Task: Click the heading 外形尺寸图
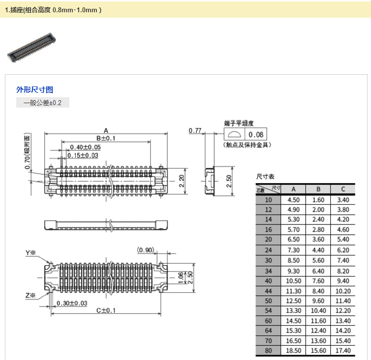(34, 89)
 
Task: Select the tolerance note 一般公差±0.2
(43, 103)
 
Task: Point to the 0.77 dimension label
(195, 131)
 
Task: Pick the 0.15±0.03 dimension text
(83, 156)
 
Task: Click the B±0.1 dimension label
(106, 138)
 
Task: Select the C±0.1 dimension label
(105, 310)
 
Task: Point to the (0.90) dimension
(146, 250)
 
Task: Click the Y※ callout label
(31, 253)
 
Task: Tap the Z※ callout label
(31, 296)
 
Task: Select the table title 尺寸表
(265, 176)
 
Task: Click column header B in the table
(318, 190)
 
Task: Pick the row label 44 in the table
(268, 290)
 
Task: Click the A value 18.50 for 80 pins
(293, 350)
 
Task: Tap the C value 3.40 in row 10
(343, 200)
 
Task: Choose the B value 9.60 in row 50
(318, 300)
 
